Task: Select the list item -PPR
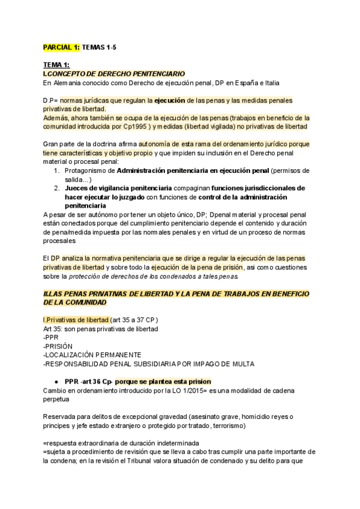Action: pos(52,338)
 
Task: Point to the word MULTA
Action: pos(242,364)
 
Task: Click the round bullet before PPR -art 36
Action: pos(56,382)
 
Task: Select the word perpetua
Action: pos(56,400)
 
